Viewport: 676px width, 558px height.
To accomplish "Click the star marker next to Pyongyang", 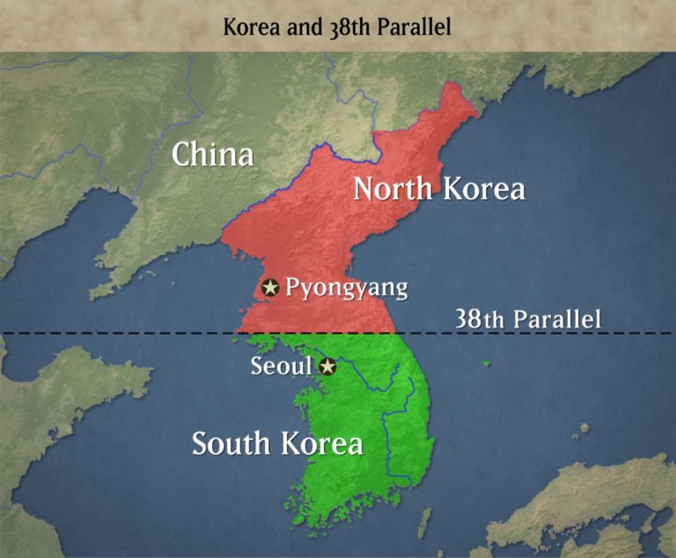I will (270, 287).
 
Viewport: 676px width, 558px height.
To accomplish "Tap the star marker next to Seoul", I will (327, 366).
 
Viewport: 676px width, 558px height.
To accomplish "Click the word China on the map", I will (213, 155).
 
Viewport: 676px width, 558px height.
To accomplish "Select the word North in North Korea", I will (393, 188).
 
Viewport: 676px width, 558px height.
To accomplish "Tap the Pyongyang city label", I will (347, 288).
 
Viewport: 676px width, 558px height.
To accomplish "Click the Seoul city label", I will (282, 366).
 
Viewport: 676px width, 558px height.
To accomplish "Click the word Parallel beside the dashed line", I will (557, 319).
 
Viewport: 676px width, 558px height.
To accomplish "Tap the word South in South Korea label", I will (231, 444).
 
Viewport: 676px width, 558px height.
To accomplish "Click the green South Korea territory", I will (370, 414).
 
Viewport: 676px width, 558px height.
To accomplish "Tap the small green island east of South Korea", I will (487, 362).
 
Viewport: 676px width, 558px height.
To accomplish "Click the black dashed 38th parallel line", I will (132, 333).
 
